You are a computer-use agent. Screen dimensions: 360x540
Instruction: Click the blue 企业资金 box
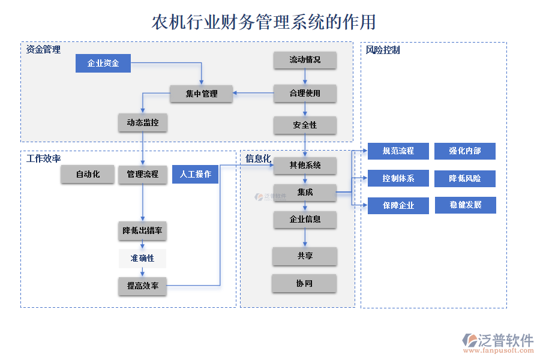pyautogui.click(x=103, y=63)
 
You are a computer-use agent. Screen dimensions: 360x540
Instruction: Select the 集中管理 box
pyautogui.click(x=201, y=94)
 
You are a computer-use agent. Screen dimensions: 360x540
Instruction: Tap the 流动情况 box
pyautogui.click(x=305, y=60)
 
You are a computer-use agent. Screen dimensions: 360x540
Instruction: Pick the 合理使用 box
pyautogui.click(x=305, y=93)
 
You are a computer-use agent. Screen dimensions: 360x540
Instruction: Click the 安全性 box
pyautogui.click(x=305, y=125)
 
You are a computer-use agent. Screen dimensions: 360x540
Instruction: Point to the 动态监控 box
pyautogui.click(x=142, y=122)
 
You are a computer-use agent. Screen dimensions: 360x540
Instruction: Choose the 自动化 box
pyautogui.click(x=87, y=175)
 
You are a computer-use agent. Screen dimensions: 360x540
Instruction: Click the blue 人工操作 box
pyautogui.click(x=195, y=175)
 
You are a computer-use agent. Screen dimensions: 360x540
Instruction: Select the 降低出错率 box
pyautogui.click(x=142, y=231)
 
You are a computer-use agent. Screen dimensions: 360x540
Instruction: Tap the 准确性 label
pyautogui.click(x=142, y=259)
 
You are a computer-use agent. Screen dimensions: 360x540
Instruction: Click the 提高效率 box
pyautogui.click(x=142, y=286)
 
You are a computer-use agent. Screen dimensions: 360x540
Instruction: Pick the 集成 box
pyautogui.click(x=305, y=193)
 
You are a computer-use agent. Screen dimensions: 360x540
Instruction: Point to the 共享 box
pyautogui.click(x=305, y=256)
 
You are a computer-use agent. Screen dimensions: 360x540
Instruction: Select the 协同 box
pyautogui.click(x=304, y=283)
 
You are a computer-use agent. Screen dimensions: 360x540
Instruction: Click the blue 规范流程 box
pyautogui.click(x=398, y=151)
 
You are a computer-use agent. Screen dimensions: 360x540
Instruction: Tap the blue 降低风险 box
pyautogui.click(x=465, y=178)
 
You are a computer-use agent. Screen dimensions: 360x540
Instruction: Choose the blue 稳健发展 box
pyautogui.click(x=465, y=205)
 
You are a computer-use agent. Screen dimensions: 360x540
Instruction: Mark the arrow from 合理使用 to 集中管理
pyautogui.click(x=253, y=93)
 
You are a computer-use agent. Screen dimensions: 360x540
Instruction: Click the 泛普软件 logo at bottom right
pyautogui.click(x=497, y=342)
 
